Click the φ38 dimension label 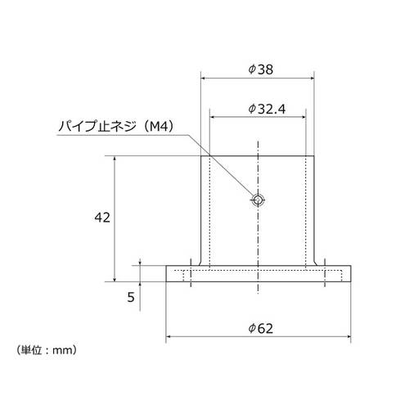click(x=258, y=70)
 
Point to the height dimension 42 click(x=102, y=218)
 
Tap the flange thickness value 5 click(x=131, y=297)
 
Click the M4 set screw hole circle click(x=258, y=200)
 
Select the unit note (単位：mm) click(x=47, y=349)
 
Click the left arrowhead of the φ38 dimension click(x=204, y=79)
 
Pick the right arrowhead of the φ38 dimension click(x=311, y=79)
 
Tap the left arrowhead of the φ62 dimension click(x=170, y=336)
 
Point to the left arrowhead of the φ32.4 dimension click(x=213, y=117)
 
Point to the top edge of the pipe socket click(x=258, y=157)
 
